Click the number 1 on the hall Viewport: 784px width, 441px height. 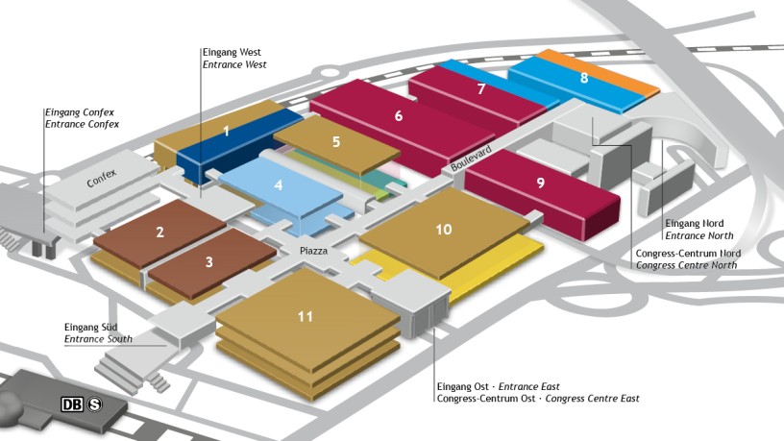226,131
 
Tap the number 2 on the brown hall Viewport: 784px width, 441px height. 160,231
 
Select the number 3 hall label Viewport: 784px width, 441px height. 208,260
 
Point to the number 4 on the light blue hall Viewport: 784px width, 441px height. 278,184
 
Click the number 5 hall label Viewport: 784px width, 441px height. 336,141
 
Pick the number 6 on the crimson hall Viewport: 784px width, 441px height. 398,116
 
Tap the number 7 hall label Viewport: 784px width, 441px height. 480,88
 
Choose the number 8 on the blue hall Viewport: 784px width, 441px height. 584,77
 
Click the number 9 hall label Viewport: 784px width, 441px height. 541,182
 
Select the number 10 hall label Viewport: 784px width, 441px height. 443,229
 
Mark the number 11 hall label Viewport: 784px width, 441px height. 306,315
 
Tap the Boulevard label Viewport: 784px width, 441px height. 471,159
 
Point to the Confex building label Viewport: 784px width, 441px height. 100,179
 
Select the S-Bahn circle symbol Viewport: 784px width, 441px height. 95,404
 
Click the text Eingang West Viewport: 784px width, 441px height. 232,52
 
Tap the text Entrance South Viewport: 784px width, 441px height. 98,339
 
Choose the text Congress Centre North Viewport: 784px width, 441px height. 686,264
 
